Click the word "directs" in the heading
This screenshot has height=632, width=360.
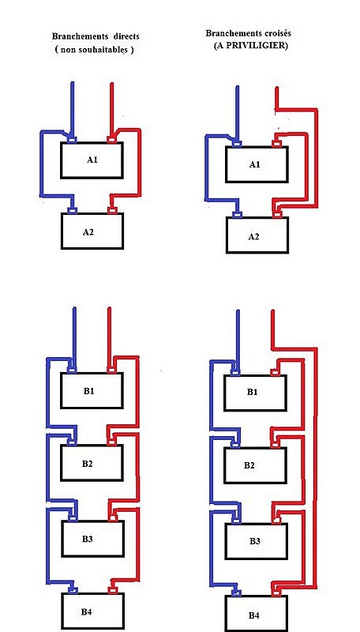(x=125, y=36)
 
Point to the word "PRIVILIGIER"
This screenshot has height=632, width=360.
(x=255, y=46)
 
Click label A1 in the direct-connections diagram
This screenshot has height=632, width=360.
(x=92, y=160)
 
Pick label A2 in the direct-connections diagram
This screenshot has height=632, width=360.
(x=88, y=231)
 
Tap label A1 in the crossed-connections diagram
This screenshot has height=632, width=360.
(x=255, y=164)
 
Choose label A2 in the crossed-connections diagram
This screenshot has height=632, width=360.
(x=253, y=236)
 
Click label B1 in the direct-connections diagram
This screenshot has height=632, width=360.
(x=89, y=390)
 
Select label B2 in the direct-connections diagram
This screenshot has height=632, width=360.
(x=88, y=463)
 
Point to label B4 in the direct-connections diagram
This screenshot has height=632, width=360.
(x=87, y=611)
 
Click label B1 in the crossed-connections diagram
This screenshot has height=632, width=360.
(x=253, y=391)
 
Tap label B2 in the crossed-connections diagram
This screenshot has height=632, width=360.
(x=249, y=465)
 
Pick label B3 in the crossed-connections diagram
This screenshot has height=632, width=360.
(x=255, y=540)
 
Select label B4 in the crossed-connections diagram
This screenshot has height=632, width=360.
(x=253, y=615)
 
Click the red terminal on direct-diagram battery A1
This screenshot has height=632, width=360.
(x=111, y=140)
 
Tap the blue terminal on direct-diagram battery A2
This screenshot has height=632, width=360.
(x=73, y=210)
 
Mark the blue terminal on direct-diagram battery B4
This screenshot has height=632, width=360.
(x=73, y=590)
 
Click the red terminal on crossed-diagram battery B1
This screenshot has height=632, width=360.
(x=275, y=371)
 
